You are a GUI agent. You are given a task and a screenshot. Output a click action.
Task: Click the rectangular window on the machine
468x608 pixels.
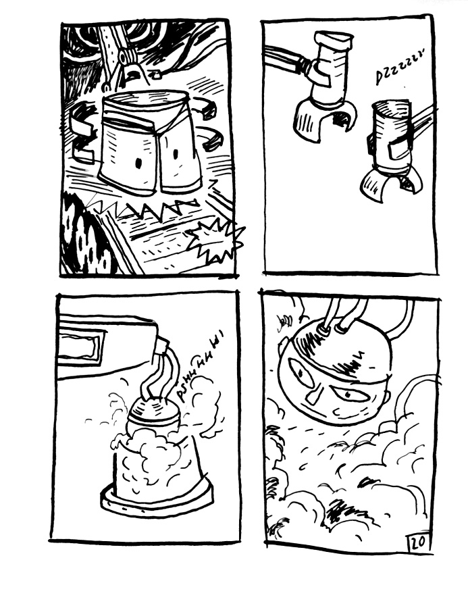82,345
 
